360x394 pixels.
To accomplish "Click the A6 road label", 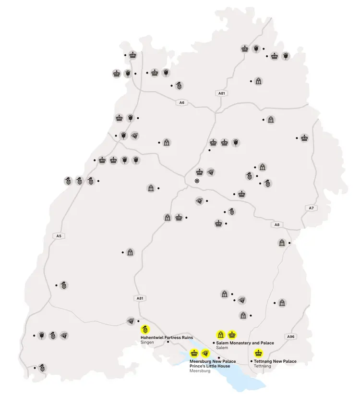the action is pyautogui.click(x=181, y=102).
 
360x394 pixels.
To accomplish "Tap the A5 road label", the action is pyautogui.click(x=59, y=236).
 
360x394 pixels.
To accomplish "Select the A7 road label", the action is pyautogui.click(x=311, y=208).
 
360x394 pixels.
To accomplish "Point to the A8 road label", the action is pyautogui.click(x=276, y=224).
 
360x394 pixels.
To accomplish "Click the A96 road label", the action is pyautogui.click(x=290, y=336).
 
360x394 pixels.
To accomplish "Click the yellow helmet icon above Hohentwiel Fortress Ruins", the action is pyautogui.click(x=145, y=330).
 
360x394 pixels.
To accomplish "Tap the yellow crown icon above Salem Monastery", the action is pyautogui.click(x=232, y=334).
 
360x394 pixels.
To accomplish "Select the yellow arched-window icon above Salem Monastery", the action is pyautogui.click(x=221, y=334).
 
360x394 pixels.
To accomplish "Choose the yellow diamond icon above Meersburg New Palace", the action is pyautogui.click(x=206, y=353).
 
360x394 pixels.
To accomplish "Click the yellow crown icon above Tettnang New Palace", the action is pyautogui.click(x=258, y=353).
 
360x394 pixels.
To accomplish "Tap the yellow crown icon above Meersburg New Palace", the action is pyautogui.click(x=194, y=353).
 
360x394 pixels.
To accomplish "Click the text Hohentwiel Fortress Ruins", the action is pyautogui.click(x=167, y=337).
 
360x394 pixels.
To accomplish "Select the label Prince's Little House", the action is pyautogui.click(x=210, y=366).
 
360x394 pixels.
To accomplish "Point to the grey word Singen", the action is pyautogui.click(x=146, y=343).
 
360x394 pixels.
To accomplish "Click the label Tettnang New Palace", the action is pyautogui.click(x=275, y=361).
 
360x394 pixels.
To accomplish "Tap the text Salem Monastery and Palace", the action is pyautogui.click(x=245, y=343).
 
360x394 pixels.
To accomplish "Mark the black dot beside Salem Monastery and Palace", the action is pyautogui.click(x=213, y=343).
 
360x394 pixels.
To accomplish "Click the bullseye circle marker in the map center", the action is pyautogui.click(x=197, y=181).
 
